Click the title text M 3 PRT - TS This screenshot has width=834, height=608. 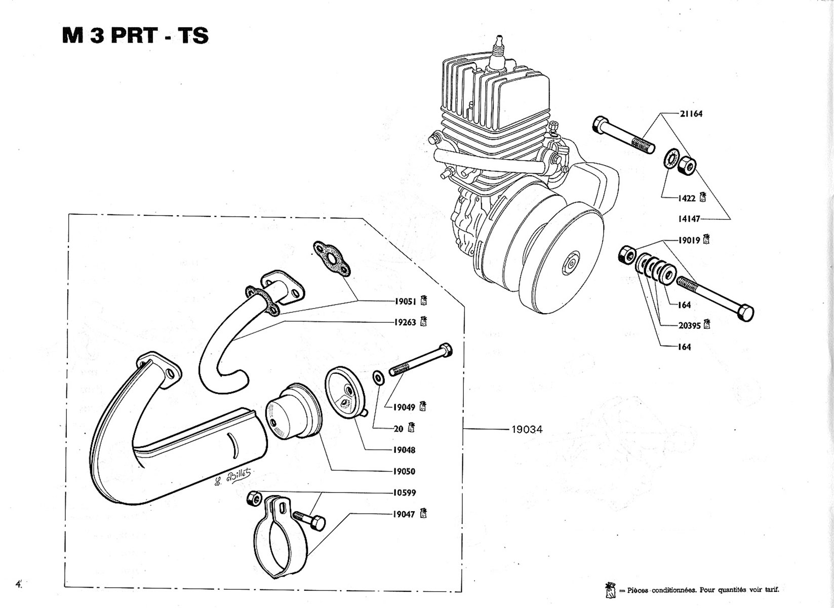click(135, 36)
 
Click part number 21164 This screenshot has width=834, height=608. click(691, 113)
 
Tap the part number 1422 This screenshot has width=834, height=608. click(687, 198)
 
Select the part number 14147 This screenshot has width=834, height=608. click(689, 219)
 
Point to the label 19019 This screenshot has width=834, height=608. click(689, 240)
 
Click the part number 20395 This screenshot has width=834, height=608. click(690, 326)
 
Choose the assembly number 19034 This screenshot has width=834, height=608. click(527, 430)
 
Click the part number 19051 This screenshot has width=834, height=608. click(406, 302)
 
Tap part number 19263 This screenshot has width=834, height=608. click(405, 323)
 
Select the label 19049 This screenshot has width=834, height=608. click(405, 407)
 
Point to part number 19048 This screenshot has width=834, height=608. click(405, 450)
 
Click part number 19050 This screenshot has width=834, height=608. click(405, 472)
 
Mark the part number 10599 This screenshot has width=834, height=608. click(405, 493)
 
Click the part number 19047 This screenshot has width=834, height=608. click(404, 514)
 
